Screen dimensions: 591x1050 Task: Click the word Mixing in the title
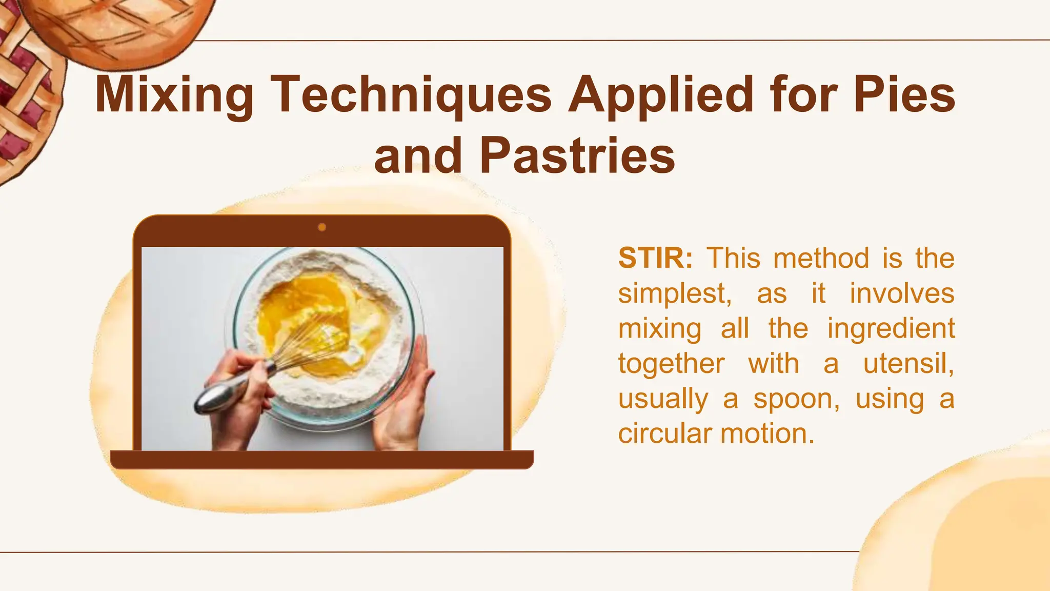click(174, 95)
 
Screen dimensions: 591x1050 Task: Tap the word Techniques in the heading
click(411, 95)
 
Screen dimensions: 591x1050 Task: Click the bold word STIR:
click(655, 258)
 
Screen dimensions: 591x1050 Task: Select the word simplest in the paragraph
click(674, 294)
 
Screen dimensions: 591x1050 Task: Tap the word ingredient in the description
click(891, 328)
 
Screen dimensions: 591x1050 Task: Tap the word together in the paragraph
click(671, 364)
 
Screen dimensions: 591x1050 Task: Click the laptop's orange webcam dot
click(322, 227)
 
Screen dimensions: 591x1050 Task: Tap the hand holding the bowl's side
click(405, 400)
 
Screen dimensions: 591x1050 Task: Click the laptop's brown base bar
click(322, 460)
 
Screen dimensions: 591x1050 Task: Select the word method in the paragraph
click(821, 258)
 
